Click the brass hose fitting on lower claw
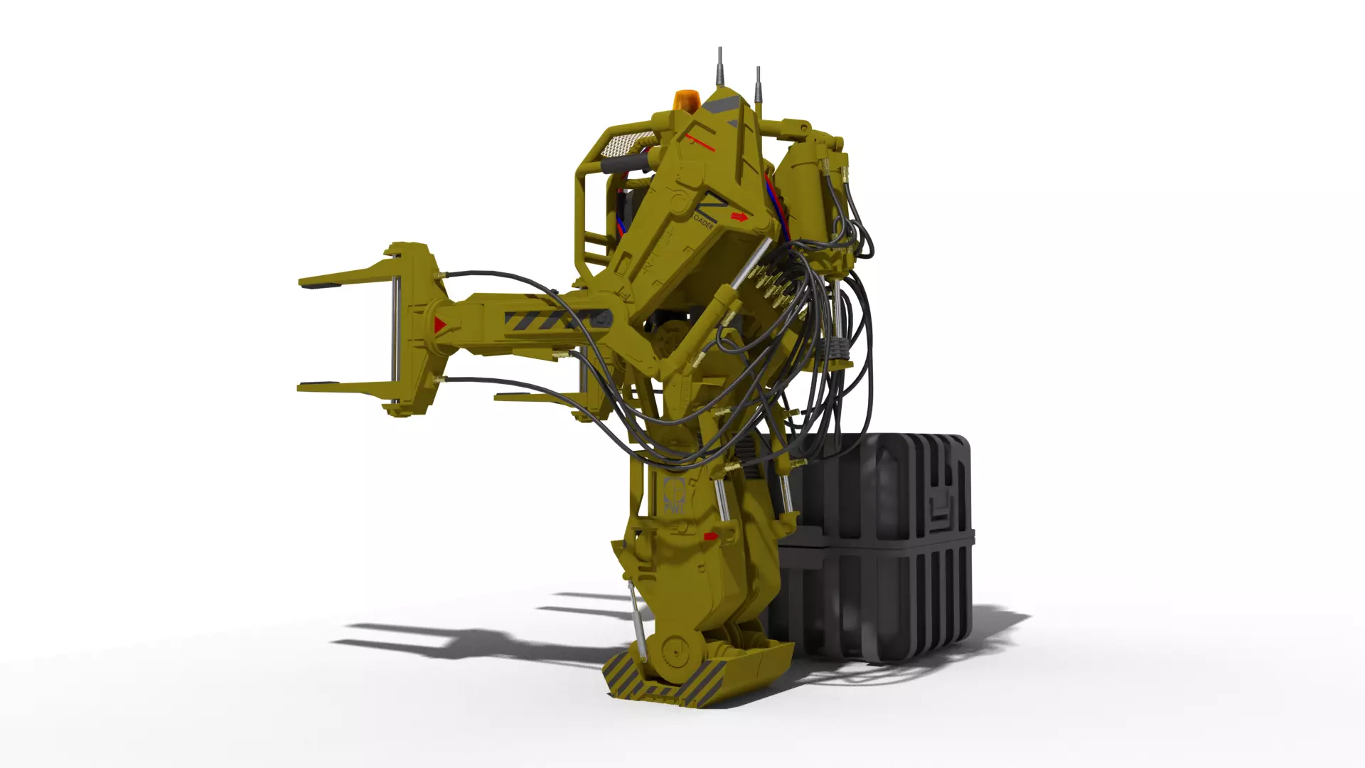(x=441, y=382)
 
